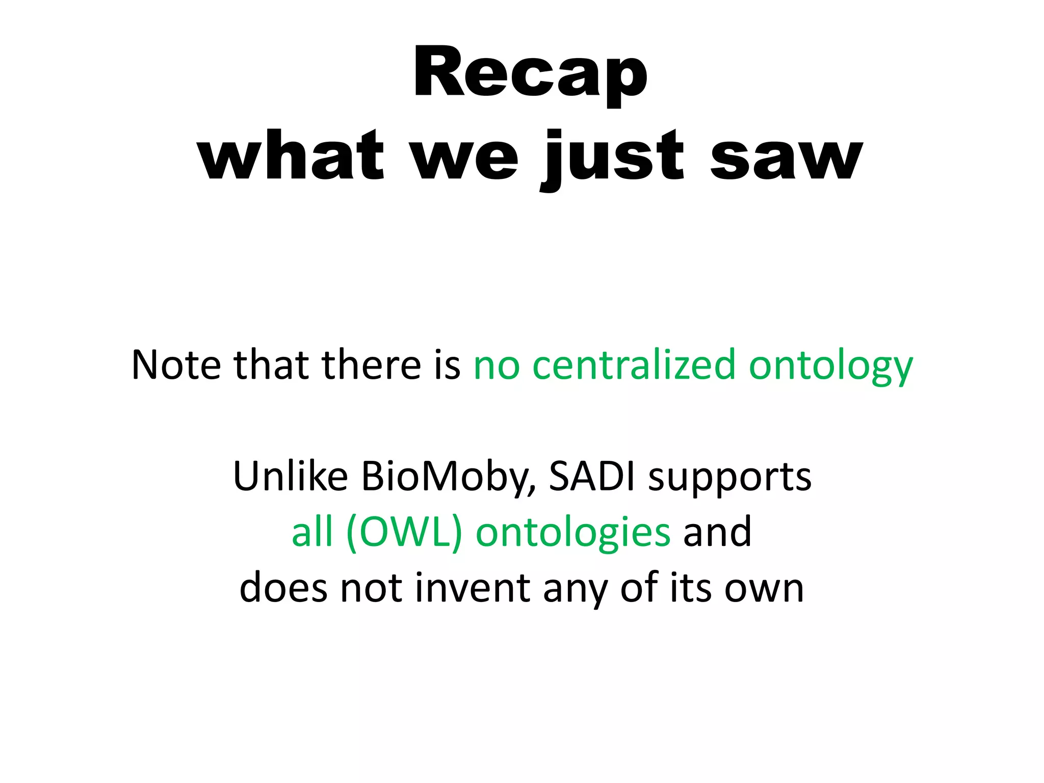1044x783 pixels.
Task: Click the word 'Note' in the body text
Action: (x=176, y=365)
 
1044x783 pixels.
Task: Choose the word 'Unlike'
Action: (x=291, y=477)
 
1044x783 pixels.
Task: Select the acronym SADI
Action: (x=592, y=477)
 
